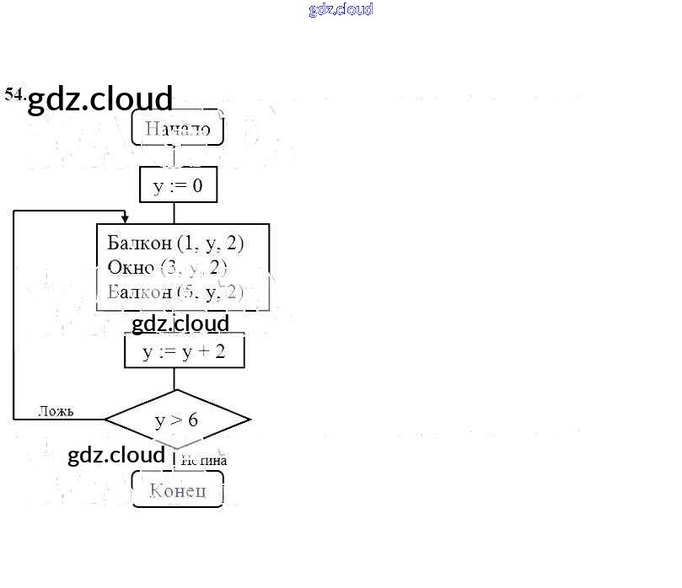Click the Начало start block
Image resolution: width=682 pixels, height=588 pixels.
177,129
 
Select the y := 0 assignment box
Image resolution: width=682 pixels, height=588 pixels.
178,185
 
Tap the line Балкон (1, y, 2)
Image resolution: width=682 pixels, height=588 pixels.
175,243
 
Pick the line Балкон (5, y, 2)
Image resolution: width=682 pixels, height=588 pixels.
175,292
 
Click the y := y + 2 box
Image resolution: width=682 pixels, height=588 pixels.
184,351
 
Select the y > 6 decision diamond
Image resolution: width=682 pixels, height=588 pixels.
177,419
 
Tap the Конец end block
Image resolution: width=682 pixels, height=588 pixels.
177,490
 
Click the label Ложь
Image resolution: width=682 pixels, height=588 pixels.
56,411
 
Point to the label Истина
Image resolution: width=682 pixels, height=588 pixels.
204,461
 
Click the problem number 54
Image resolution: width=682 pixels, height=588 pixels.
14,94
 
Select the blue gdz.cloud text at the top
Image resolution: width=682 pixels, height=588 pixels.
341,10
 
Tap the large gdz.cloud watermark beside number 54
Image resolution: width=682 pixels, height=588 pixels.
100,99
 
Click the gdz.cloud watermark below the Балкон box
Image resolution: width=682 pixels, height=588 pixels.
180,323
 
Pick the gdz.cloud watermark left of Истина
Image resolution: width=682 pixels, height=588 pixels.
116,455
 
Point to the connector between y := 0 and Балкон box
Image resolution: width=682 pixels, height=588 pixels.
175,213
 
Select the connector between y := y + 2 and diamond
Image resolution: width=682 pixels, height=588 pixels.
175,379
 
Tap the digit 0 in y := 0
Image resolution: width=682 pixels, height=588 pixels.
196,185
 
